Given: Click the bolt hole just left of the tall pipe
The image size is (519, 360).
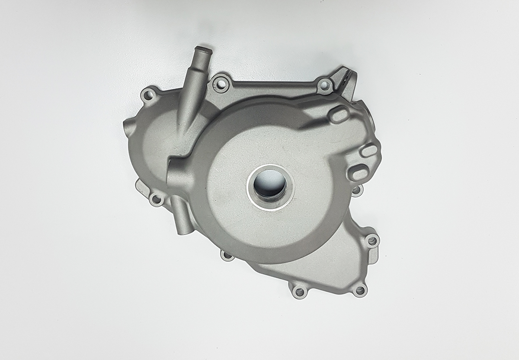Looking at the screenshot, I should tap(148, 94).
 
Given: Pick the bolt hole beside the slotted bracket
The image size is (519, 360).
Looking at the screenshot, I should tap(324, 85).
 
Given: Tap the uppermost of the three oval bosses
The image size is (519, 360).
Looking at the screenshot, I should tap(340, 115).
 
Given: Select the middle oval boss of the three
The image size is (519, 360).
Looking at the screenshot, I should tap(369, 151).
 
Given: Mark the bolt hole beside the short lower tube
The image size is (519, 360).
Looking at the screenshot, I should tap(156, 199).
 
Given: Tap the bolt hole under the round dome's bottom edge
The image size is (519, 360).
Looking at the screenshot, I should tap(227, 255).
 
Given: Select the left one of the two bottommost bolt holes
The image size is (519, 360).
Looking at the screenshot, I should tap(299, 291).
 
